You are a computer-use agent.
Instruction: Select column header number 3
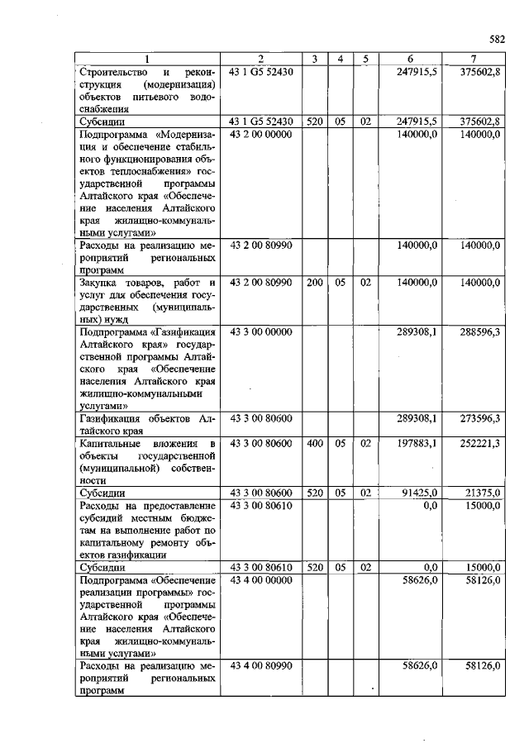click(x=315, y=59)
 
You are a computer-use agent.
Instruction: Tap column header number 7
click(x=472, y=59)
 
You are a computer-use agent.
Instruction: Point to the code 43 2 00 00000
click(x=260, y=133)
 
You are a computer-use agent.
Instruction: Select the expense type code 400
click(x=315, y=444)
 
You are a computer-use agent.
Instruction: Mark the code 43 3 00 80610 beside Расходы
click(x=260, y=506)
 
